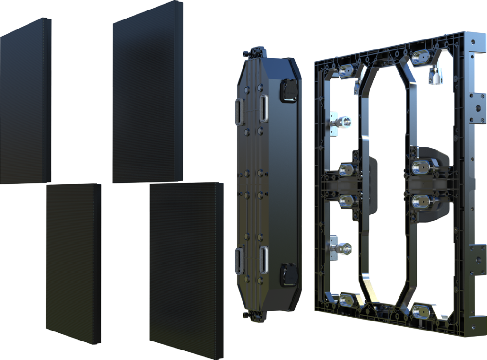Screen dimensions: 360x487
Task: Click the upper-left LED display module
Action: point(26,102)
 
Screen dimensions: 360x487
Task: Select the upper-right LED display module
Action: point(148,93)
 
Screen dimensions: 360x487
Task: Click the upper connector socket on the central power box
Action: point(289,90)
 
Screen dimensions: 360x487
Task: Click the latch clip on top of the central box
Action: point(258,51)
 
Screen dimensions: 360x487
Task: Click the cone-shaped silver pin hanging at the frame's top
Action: point(434,75)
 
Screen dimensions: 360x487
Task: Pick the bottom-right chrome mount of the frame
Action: point(420,311)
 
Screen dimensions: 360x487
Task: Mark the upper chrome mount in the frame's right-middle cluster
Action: point(420,167)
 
